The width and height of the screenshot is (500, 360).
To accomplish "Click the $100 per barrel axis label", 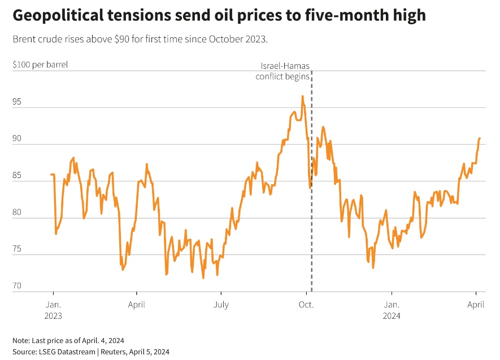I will [x=40, y=64].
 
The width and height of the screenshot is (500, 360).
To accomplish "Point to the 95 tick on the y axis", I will [x=18, y=102].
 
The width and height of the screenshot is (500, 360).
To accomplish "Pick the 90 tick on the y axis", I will [x=18, y=139].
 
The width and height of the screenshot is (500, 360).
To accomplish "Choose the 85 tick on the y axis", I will [x=18, y=176].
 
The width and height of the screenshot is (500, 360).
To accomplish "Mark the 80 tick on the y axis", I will [x=18, y=213].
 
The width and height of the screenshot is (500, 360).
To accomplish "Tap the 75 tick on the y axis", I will [x=18, y=250].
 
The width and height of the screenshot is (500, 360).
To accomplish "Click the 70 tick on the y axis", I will [x=18, y=287].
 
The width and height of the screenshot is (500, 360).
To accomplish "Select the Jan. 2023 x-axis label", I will [x=53, y=310].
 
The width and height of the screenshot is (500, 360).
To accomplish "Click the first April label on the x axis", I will [x=137, y=305].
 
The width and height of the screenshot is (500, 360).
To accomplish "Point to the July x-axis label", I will [x=221, y=305].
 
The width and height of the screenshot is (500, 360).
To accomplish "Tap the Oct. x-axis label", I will [x=306, y=305].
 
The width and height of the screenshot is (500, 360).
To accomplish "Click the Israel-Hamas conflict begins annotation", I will [x=282, y=71].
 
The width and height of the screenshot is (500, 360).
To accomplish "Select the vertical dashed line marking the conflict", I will [x=311, y=226].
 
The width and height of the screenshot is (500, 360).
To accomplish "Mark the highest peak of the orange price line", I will [x=302, y=97].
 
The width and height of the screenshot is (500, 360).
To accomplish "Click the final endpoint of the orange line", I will [x=480, y=138].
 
